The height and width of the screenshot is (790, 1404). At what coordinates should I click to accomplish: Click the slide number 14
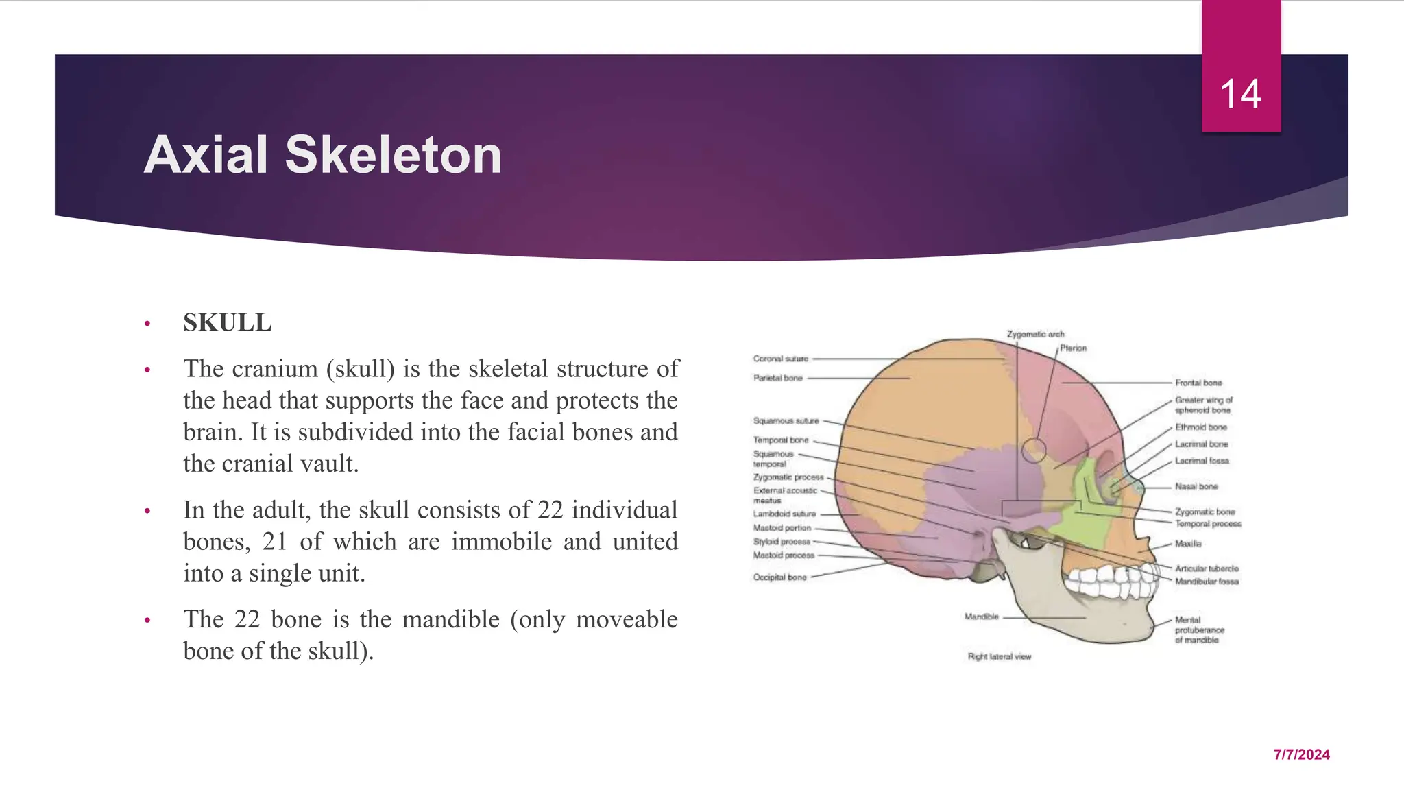(1241, 94)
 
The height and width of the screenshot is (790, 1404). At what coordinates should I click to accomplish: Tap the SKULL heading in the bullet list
(227, 322)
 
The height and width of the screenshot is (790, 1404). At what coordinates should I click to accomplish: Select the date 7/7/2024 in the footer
(1301, 754)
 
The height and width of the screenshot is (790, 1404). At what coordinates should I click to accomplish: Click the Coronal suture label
(781, 359)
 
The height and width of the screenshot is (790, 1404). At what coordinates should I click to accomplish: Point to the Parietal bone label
(777, 378)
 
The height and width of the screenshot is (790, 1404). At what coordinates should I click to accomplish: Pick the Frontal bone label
(1198, 383)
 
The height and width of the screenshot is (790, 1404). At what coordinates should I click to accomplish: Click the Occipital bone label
(779, 577)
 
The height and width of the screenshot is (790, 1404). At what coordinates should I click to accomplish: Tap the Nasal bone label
(1196, 486)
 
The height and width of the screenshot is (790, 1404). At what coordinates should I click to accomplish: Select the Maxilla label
(1188, 544)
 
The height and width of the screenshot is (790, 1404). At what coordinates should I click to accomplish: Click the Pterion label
(1073, 348)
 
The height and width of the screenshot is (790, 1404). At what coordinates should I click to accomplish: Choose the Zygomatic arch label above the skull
(1035, 334)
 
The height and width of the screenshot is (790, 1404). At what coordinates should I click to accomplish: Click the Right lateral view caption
(999, 656)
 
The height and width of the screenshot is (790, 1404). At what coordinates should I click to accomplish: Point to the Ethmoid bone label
(1200, 427)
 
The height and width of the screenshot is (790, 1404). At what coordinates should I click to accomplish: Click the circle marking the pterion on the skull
(1034, 451)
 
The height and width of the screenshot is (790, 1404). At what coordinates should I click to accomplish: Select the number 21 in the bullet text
(274, 542)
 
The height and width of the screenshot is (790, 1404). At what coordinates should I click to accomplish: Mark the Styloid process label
(782, 542)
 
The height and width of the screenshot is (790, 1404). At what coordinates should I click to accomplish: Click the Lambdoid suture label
(784, 514)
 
